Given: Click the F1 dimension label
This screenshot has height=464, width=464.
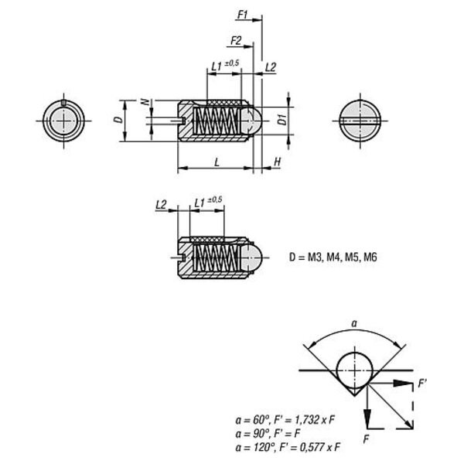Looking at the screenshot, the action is [x=243, y=15].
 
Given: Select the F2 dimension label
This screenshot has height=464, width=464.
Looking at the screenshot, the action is [x=236, y=40].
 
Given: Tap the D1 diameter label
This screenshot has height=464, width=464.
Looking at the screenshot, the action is [x=283, y=119].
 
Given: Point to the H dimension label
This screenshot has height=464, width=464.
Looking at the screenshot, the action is [x=278, y=162].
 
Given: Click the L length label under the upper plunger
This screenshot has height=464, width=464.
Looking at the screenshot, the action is [x=217, y=162].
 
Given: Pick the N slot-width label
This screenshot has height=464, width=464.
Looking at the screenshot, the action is [x=145, y=102].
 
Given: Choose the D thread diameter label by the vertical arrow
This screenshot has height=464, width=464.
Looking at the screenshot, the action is [x=118, y=119].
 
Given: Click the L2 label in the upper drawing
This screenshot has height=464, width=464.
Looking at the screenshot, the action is [x=271, y=67].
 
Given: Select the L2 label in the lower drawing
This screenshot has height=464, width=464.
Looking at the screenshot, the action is [x=161, y=204].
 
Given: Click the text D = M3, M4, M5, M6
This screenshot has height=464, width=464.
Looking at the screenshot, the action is [x=333, y=258].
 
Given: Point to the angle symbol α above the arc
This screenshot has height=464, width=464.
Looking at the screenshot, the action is [x=354, y=324].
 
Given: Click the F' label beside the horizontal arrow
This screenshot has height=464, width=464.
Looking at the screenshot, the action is [x=422, y=384].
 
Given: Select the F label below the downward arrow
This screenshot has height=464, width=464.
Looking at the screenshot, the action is [x=367, y=439].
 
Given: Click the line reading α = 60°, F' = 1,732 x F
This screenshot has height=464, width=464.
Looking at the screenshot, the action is [x=285, y=420].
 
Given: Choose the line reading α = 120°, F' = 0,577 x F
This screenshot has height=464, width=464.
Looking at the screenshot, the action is [x=288, y=447].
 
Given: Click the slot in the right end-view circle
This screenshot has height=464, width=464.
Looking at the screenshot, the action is [x=360, y=121].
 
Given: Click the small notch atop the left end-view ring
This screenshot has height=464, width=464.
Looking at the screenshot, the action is [x=63, y=103].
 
